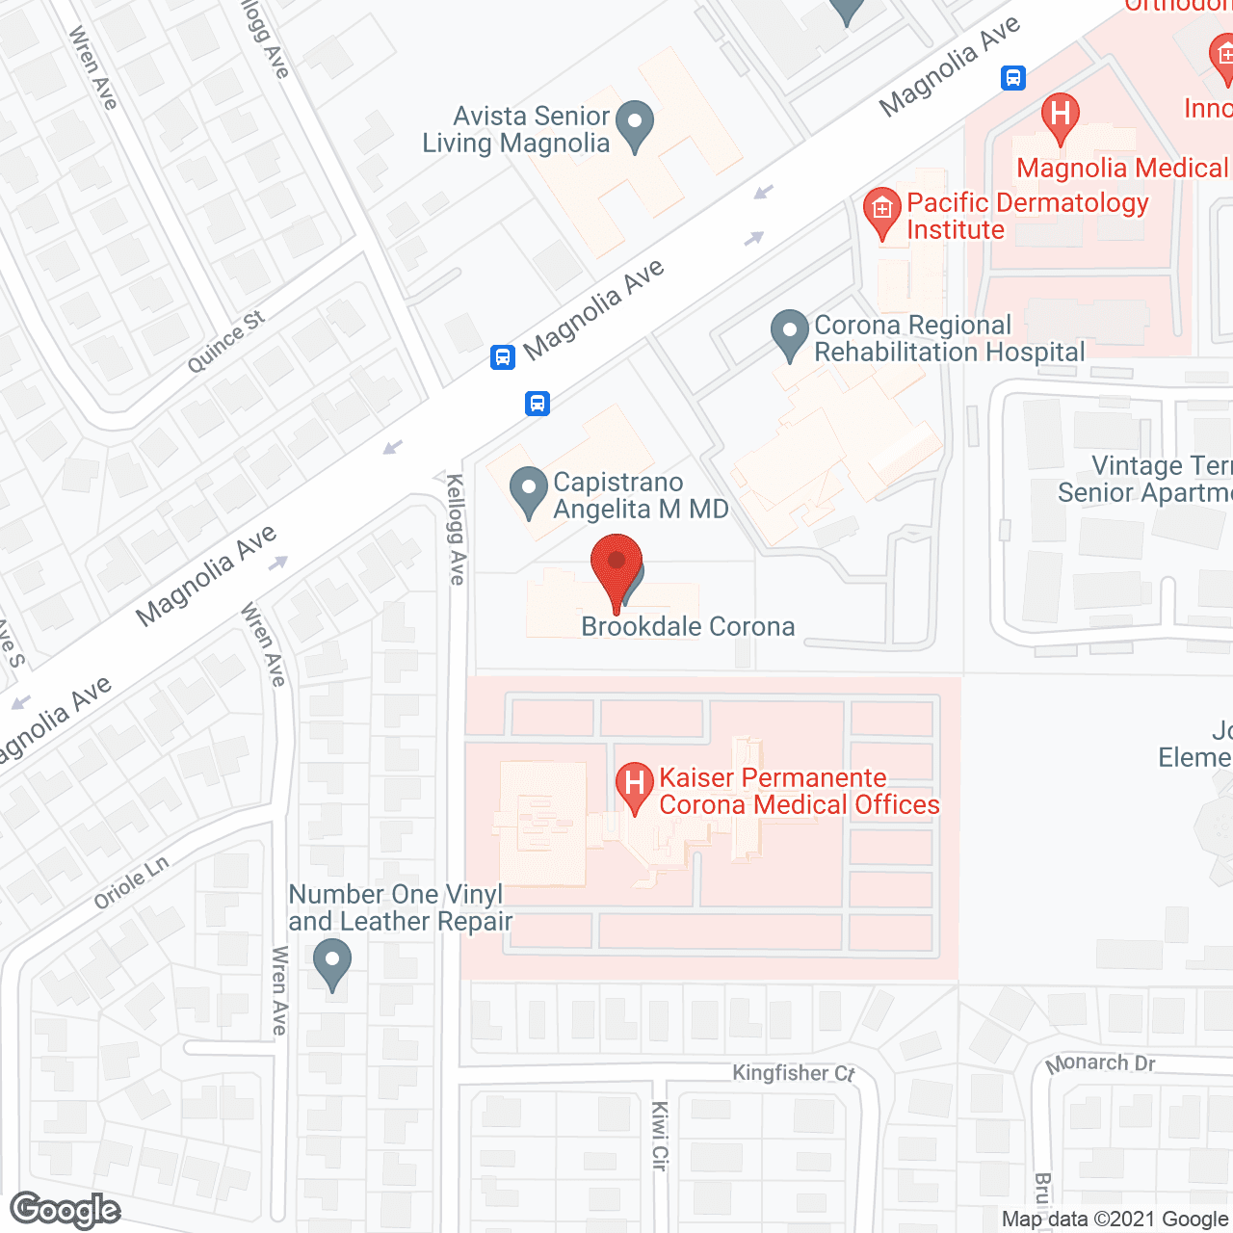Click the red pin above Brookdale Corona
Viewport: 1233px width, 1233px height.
tap(616, 565)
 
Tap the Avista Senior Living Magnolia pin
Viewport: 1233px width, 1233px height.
tap(635, 124)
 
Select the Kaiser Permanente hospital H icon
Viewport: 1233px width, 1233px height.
tap(634, 784)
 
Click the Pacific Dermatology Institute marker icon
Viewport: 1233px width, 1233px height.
tap(881, 210)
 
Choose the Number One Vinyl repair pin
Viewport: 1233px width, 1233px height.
tap(332, 962)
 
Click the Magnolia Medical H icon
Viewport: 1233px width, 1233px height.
tap(1060, 115)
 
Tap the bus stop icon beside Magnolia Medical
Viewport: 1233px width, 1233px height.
tap(1013, 78)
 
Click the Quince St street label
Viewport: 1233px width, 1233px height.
tap(225, 342)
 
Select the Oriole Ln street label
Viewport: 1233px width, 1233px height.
tap(131, 883)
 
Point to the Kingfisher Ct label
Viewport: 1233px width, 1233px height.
tap(793, 1073)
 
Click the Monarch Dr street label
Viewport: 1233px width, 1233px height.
tap(1100, 1063)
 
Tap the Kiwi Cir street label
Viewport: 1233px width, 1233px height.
tap(660, 1136)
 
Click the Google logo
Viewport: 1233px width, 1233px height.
tap(66, 1210)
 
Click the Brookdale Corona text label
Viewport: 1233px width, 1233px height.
tap(688, 627)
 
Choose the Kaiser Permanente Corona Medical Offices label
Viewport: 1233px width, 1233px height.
tap(799, 792)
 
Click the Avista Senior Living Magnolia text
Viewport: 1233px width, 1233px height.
tap(517, 130)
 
